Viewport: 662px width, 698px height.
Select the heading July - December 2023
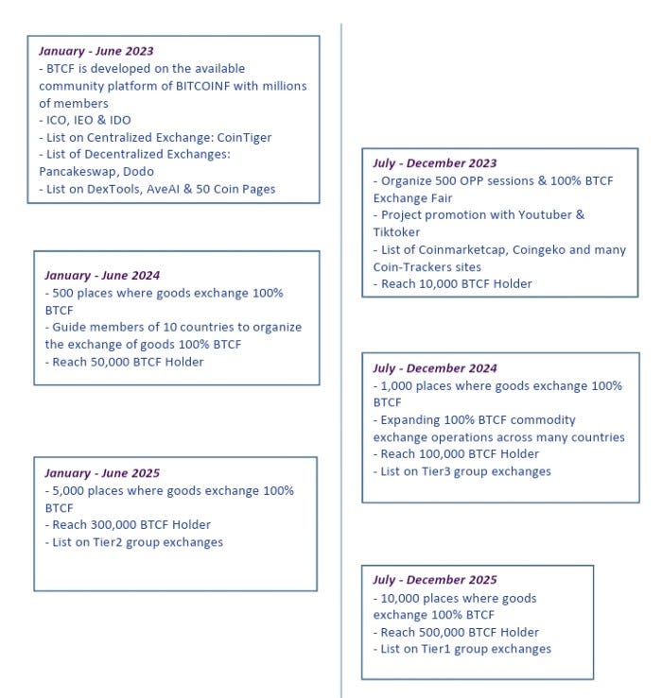(434, 163)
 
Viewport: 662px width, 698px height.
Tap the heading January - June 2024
(102, 276)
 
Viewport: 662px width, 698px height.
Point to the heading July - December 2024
(435, 368)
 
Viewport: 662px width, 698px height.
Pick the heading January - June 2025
(103, 473)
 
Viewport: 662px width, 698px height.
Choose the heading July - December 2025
(434, 580)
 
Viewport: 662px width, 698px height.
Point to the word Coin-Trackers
(412, 266)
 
